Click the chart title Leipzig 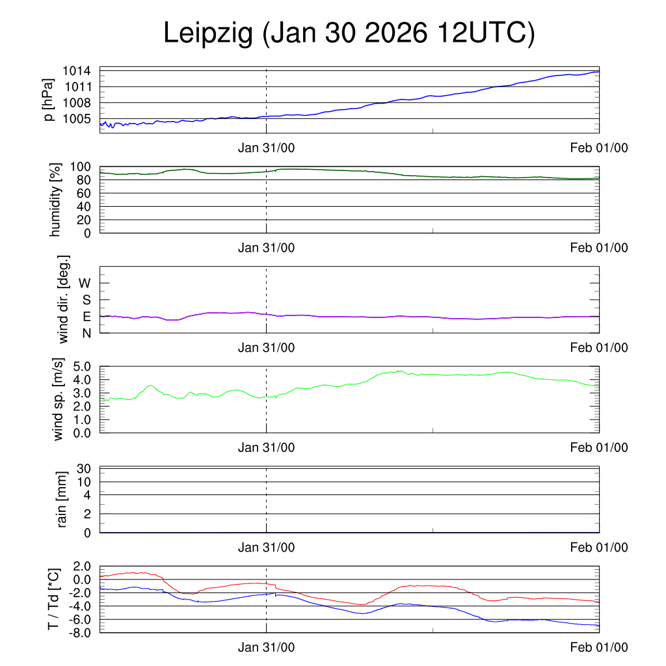tap(349, 34)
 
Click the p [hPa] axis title tap(48, 100)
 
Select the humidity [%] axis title tap(55, 200)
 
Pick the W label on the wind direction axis tap(85, 283)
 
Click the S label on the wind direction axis tap(86, 300)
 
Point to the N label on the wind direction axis tap(86, 332)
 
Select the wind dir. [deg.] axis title tap(63, 299)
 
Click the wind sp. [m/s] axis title tap(59, 399)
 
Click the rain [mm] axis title tap(62, 499)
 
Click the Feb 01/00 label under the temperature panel tap(598, 647)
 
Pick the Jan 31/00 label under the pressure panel tap(266, 148)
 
